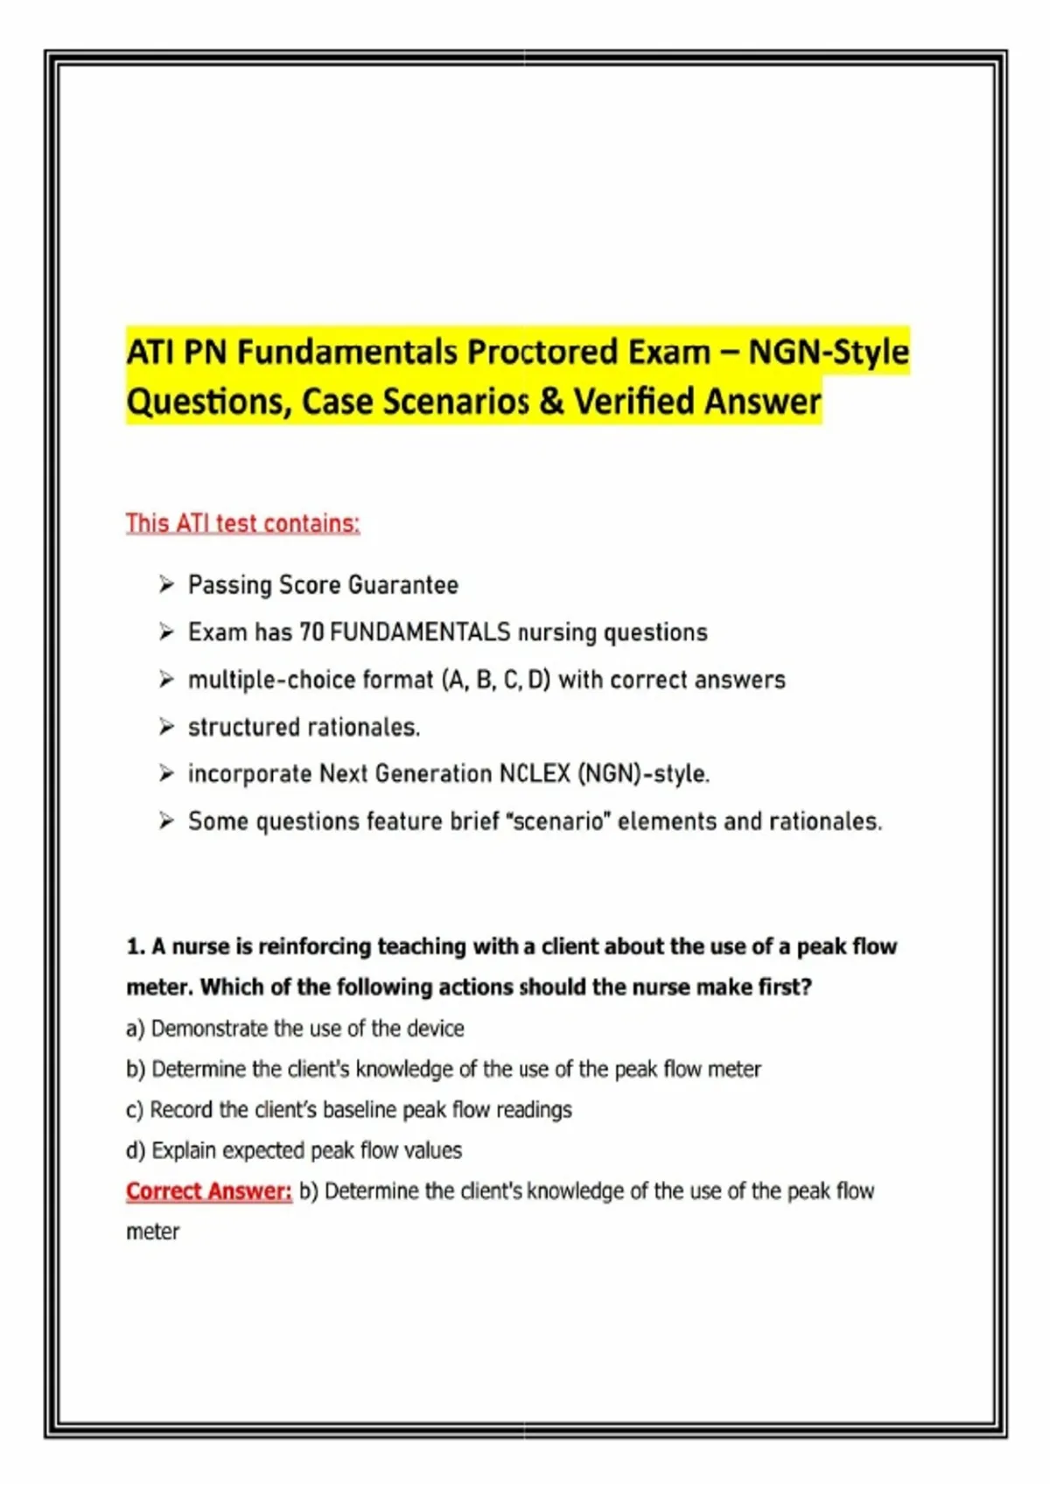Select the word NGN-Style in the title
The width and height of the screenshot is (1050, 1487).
tap(829, 353)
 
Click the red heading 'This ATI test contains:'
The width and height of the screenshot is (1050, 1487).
tap(242, 523)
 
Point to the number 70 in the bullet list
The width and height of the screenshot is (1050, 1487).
tap(311, 632)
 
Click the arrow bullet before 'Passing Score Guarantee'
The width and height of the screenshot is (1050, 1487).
tap(166, 584)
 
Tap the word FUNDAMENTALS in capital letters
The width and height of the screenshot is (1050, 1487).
tap(420, 632)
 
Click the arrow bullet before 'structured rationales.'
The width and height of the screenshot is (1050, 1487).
tap(166, 726)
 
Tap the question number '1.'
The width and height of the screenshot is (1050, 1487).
tap(136, 946)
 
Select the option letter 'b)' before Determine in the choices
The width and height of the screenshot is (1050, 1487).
tap(136, 1069)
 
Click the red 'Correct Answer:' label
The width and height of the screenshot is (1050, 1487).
tap(208, 1191)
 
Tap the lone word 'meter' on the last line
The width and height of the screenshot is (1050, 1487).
tap(152, 1232)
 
